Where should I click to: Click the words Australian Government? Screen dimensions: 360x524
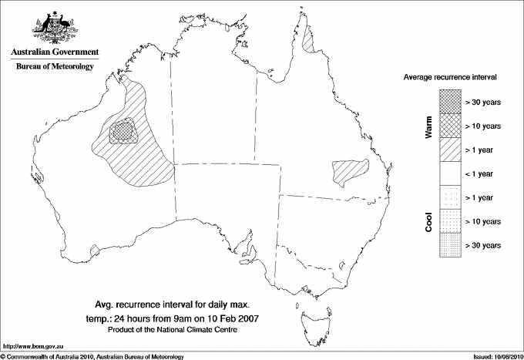click(x=55, y=52)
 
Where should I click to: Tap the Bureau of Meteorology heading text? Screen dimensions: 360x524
click(x=55, y=66)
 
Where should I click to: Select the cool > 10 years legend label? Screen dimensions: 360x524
click(x=483, y=221)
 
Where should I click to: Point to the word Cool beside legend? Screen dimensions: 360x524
click(x=428, y=222)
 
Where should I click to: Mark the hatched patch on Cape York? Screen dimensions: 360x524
click(x=311, y=39)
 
